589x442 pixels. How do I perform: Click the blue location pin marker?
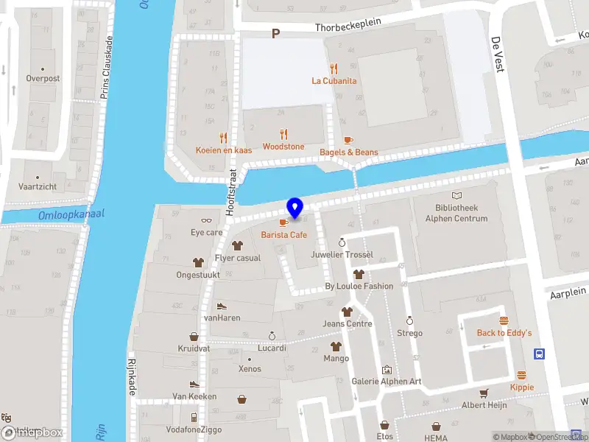tap(295, 208)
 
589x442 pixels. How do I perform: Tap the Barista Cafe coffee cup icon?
tap(283, 222)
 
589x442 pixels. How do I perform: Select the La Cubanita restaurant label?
tap(334, 80)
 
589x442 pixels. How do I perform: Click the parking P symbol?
tap(276, 34)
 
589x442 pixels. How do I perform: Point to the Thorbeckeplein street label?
tap(348, 24)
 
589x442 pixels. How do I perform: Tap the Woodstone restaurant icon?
tap(283, 135)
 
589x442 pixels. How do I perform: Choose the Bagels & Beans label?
tap(348, 152)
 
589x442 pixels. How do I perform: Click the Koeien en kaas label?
tap(224, 150)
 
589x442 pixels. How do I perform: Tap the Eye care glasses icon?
tap(206, 220)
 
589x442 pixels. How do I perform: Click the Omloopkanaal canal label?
tap(71, 214)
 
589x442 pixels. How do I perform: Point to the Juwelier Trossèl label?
tap(342, 255)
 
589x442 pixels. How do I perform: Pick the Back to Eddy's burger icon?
tap(504, 320)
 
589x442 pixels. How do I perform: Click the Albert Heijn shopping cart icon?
tap(484, 393)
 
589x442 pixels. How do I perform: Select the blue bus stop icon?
tap(540, 354)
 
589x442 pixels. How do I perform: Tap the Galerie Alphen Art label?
tap(386, 381)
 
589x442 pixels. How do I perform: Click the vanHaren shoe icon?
tap(222, 306)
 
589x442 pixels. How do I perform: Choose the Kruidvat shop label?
tap(194, 348)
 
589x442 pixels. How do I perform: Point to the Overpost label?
tap(43, 78)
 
